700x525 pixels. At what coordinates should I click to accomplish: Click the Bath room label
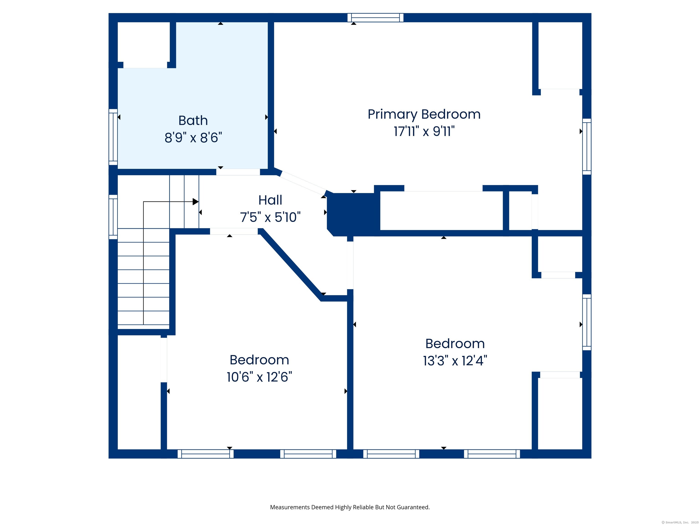pos(193,121)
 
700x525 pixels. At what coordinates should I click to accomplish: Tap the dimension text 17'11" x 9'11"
pos(424,131)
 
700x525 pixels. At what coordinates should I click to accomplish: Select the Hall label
pos(270,200)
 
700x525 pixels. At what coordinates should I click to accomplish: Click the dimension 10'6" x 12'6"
pos(259,377)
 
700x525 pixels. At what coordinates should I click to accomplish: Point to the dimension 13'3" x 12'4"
pos(455,361)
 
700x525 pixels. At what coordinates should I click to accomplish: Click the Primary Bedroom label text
pos(424,114)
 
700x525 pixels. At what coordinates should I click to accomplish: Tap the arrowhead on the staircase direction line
pos(196,202)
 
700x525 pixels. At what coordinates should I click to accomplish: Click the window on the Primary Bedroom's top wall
pos(375,18)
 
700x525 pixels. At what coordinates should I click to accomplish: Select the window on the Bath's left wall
pos(113,137)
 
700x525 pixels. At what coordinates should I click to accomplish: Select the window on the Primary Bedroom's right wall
pos(587,147)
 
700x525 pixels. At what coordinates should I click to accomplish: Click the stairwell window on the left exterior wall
pos(113,217)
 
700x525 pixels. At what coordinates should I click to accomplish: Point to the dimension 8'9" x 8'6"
pos(193,138)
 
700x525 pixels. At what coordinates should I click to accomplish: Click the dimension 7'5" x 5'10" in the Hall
pos(270,217)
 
